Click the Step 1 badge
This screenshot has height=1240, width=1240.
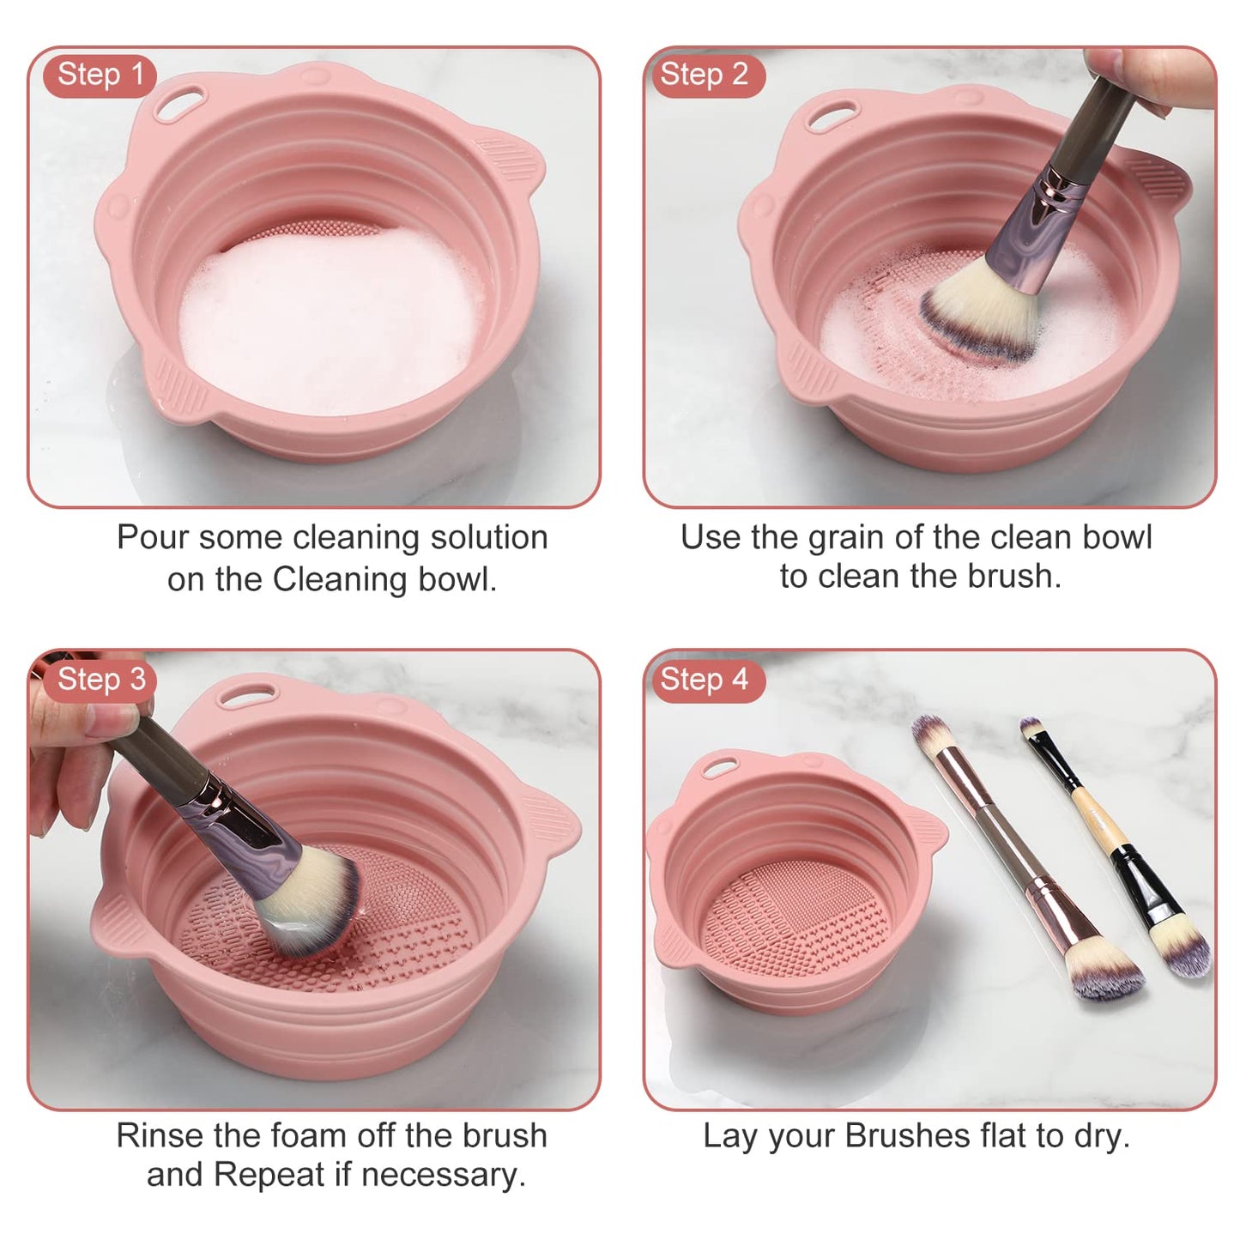(x=100, y=75)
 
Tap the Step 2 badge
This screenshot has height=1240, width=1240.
(x=703, y=75)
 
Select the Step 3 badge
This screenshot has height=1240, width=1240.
(x=100, y=680)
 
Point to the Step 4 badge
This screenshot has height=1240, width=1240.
(x=703, y=680)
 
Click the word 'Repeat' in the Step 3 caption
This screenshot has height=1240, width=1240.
(x=267, y=1174)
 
